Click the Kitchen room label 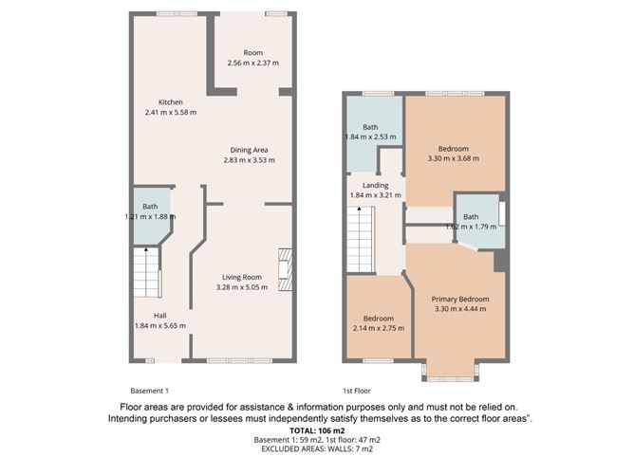tap(170, 102)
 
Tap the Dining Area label tap(248, 150)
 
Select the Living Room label tap(242, 276)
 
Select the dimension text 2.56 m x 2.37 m tap(252, 64)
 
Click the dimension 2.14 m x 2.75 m tap(377, 328)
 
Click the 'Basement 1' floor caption tap(149, 390)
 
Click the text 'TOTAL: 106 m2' tap(316, 431)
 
